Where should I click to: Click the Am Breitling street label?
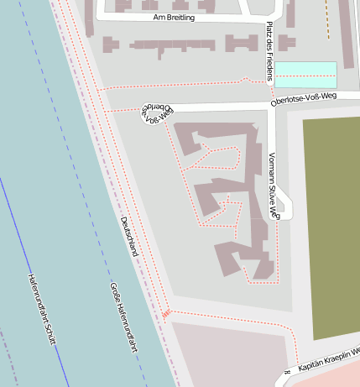pyautogui.click(x=174, y=17)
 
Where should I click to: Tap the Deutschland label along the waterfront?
pyautogui.click(x=129, y=236)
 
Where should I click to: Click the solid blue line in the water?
pyautogui.click(x=34, y=277)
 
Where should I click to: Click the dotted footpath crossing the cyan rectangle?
pyautogui.click(x=305, y=77)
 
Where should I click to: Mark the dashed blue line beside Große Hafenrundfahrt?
pyautogui.click(x=92, y=252)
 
